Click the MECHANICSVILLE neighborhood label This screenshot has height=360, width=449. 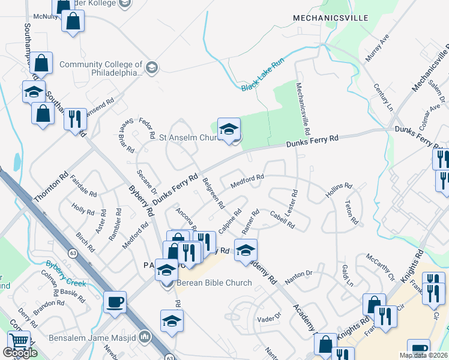[330, 18]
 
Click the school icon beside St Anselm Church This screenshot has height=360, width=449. [229, 129]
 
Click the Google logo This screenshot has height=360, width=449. [20, 353]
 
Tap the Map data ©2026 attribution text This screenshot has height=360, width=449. [423, 355]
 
